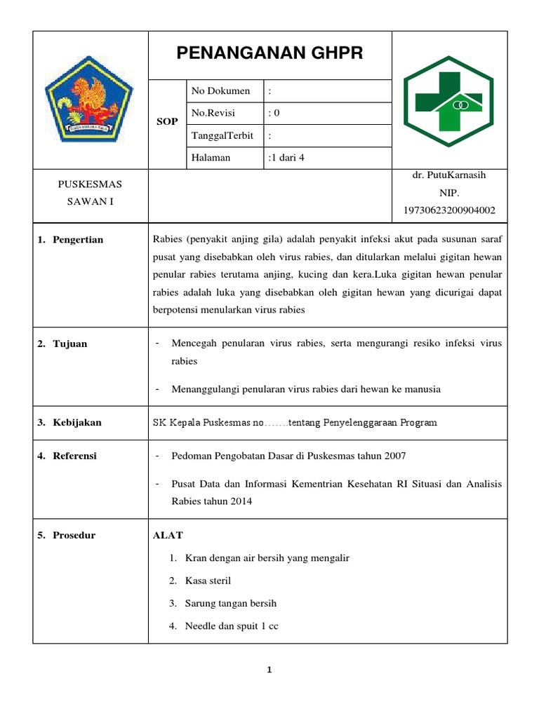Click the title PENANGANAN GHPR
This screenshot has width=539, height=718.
[x=269, y=53]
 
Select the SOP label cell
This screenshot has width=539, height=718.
[x=166, y=122]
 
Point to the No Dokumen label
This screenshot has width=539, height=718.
[x=220, y=91]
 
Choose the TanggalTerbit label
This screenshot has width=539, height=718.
[x=222, y=135]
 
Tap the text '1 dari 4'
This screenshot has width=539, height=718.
[x=286, y=158]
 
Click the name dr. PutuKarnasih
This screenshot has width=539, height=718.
[x=449, y=175]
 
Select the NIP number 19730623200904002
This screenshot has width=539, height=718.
[x=449, y=210]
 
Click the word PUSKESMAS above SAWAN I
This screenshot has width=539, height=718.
[x=90, y=184]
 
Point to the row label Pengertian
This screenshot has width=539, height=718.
[x=78, y=240]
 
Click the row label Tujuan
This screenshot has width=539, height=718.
[x=70, y=344]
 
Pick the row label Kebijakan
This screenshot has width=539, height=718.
[x=77, y=423]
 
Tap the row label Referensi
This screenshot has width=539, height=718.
[x=75, y=456]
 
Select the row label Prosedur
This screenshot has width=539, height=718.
[x=74, y=536]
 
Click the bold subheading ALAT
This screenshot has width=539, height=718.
[x=168, y=536]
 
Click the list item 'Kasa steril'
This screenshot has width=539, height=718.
[x=208, y=581]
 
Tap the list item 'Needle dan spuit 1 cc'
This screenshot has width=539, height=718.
[x=232, y=626]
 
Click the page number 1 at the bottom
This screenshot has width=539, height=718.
[x=269, y=670]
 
